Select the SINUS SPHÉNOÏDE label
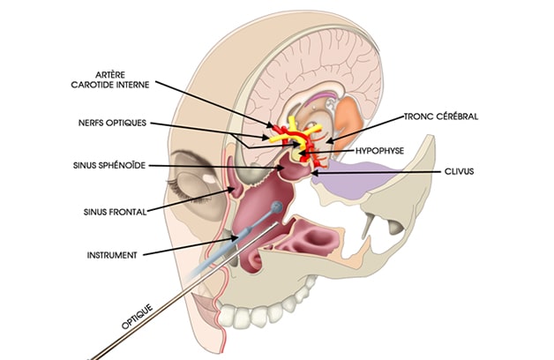click(109, 165)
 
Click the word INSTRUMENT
click(112, 255)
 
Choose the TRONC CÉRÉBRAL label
click(441, 116)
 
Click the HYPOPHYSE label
click(380, 151)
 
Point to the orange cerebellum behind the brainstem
click(349, 118)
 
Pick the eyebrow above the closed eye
click(189, 158)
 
